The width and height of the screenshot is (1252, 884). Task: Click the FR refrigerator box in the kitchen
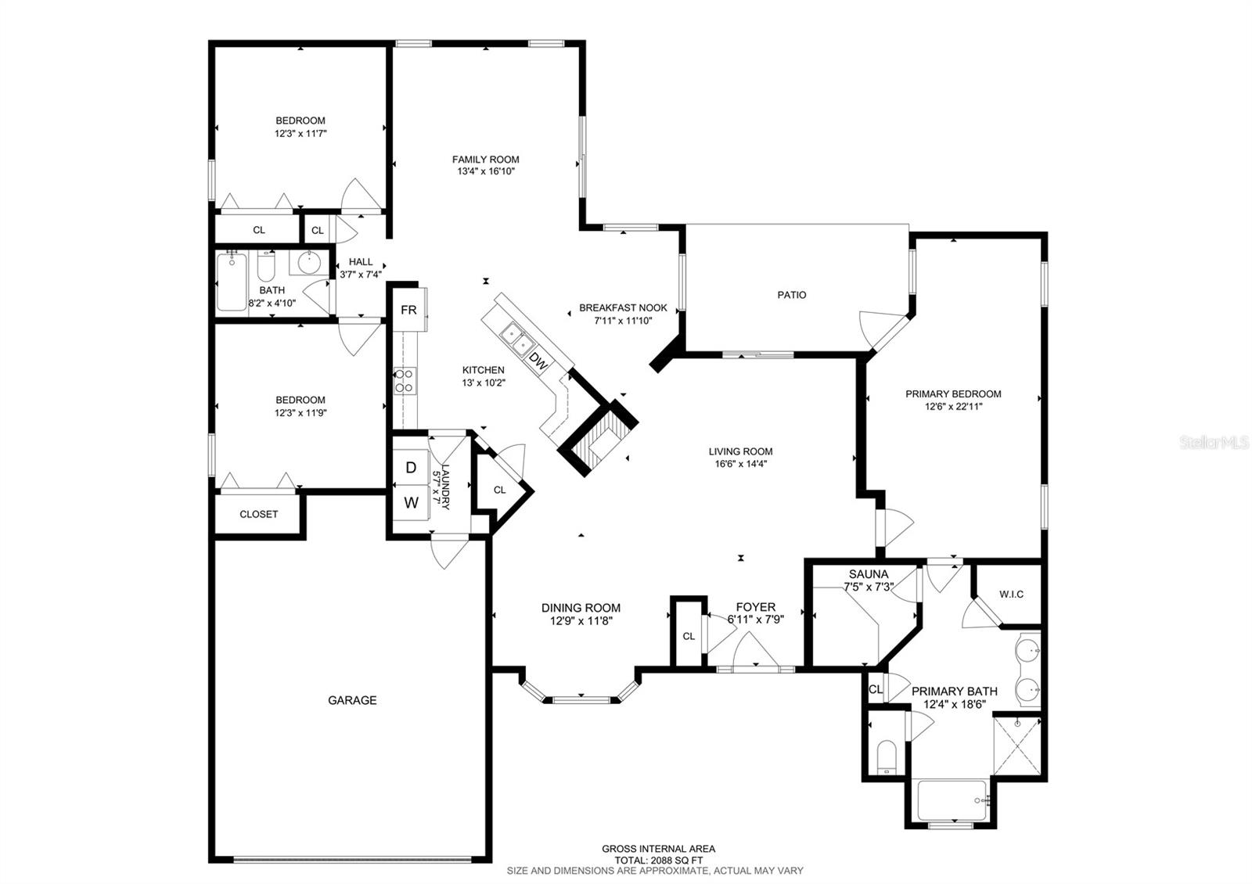tap(408, 310)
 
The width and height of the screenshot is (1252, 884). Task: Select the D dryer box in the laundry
tap(411, 468)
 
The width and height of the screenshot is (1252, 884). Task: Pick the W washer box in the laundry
tap(411, 502)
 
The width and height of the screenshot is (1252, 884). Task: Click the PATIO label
tap(791, 295)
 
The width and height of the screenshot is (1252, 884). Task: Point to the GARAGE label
tap(352, 700)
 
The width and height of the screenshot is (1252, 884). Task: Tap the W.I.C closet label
tap(1011, 595)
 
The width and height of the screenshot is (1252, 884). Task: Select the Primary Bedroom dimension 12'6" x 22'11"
tap(953, 406)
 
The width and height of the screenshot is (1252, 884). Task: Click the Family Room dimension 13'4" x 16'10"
tap(485, 171)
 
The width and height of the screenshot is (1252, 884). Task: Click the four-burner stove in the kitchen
tap(405, 381)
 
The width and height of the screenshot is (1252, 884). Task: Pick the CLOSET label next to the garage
tap(258, 514)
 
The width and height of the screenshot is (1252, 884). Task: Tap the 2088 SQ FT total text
tap(657, 859)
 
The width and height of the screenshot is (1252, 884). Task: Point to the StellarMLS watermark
tap(1219, 443)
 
